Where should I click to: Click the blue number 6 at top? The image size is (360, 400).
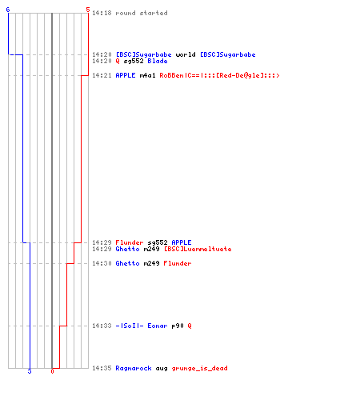click(x=8, y=10)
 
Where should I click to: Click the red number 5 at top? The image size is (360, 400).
click(x=88, y=10)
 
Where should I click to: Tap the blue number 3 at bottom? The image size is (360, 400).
click(x=30, y=371)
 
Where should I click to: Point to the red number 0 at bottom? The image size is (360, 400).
click(x=52, y=371)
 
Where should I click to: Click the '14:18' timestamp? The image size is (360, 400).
click(x=102, y=13)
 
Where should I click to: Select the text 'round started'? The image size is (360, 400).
click(x=142, y=13)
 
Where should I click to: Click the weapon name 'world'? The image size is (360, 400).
click(x=186, y=54)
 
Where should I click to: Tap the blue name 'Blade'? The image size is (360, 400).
click(x=158, y=61)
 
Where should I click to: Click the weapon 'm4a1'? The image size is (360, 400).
click(x=147, y=75)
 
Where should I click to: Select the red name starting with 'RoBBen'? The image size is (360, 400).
click(x=219, y=75)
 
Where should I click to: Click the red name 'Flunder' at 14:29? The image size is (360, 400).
click(x=130, y=242)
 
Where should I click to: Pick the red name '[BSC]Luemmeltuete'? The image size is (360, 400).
click(x=198, y=249)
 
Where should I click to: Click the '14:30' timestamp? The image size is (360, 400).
click(x=102, y=263)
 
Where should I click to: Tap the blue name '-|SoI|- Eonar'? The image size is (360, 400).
click(x=142, y=326)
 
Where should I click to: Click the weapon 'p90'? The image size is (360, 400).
click(x=178, y=326)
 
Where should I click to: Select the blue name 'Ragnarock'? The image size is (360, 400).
click(x=134, y=368)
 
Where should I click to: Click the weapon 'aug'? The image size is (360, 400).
click(x=162, y=369)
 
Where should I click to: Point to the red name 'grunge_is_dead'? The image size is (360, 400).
click(x=199, y=368)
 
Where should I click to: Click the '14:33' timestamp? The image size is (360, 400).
click(x=102, y=326)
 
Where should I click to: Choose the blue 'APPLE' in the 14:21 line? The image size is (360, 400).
click(x=126, y=75)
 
